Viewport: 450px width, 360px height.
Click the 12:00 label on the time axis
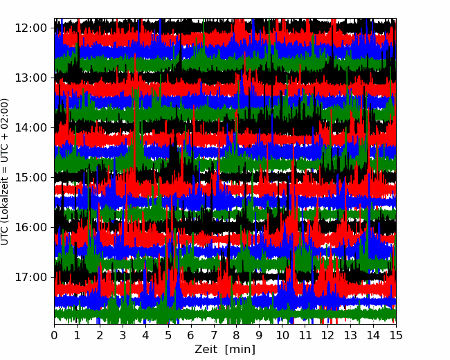point(30,28)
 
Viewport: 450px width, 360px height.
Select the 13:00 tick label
point(30,78)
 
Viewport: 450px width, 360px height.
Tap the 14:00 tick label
point(30,127)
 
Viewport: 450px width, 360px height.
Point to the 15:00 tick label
point(30,177)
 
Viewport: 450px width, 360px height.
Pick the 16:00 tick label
point(30,227)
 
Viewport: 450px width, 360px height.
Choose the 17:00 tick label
point(30,277)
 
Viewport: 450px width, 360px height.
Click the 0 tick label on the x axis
point(54,335)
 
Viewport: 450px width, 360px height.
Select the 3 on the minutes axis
point(123,335)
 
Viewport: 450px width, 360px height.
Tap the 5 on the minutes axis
point(168,335)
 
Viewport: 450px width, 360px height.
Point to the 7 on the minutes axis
point(214,335)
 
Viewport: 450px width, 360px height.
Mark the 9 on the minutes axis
point(260,335)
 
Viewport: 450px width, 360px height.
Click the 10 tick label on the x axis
point(282,335)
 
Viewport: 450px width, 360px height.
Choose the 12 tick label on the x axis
point(327,335)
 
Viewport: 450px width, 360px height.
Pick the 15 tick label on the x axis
point(396,335)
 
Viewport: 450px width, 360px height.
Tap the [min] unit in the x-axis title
point(240,350)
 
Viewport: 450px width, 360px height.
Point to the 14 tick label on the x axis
point(373,335)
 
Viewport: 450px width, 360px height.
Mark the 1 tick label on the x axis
point(77,335)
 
